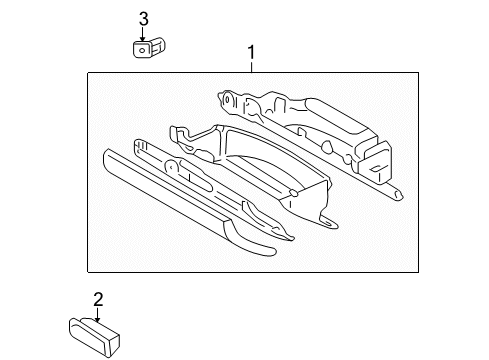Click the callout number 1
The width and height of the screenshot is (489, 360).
252,52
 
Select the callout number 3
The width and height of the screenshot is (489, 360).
143,17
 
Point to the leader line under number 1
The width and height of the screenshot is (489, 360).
252,66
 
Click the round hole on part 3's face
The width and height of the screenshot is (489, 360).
142,46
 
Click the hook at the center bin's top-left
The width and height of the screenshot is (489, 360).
177,130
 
